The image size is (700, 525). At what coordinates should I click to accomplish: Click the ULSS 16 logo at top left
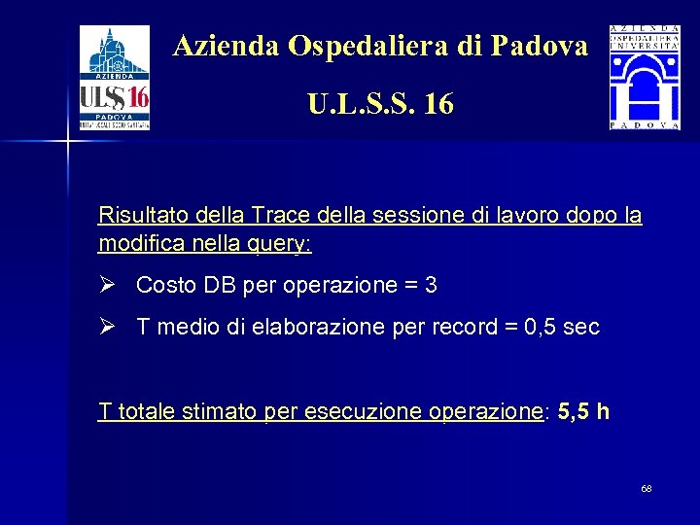114,78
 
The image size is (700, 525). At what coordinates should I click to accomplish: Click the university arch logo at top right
645,78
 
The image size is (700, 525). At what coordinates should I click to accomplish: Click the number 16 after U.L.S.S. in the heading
438,103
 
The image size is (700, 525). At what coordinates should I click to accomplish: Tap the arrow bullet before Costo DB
107,285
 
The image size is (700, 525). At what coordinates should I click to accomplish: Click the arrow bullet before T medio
107,327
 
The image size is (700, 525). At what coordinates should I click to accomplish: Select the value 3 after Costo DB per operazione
431,286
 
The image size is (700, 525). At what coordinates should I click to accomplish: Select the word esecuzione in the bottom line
349,411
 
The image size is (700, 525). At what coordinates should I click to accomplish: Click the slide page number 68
647,488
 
